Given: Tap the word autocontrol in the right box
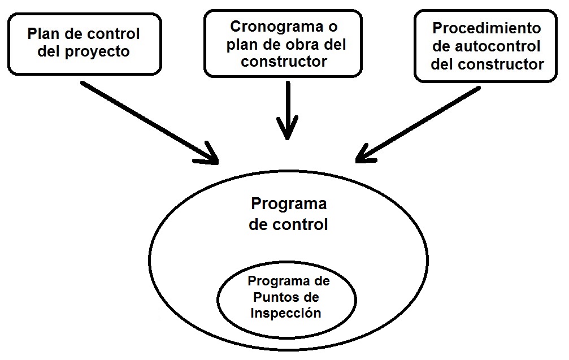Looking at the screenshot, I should click(498, 46).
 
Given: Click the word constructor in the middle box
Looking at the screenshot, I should click(284, 62).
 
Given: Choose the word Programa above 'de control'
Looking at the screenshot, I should click(288, 203).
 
